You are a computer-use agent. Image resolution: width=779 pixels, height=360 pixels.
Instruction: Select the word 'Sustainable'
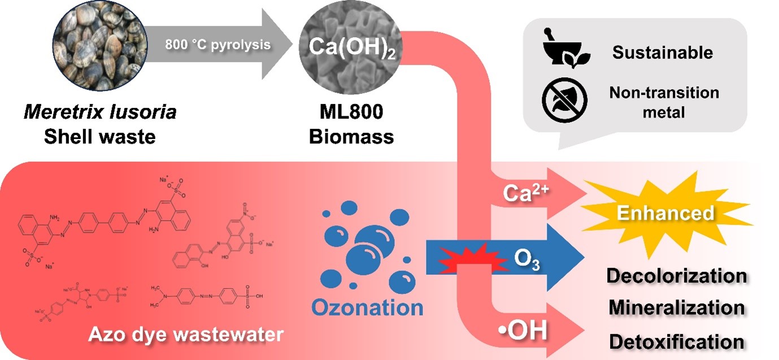[x=663, y=53]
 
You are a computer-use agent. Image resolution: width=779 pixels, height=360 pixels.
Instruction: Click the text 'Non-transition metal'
[x=664, y=102]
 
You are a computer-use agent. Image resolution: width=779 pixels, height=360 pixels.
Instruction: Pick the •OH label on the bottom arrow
[x=524, y=331]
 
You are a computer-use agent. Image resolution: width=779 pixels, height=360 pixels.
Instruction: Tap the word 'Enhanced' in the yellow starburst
[x=665, y=213]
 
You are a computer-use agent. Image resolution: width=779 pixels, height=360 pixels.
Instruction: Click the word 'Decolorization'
[x=676, y=276]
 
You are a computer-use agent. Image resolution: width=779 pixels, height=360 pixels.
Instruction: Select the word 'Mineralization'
[x=676, y=309]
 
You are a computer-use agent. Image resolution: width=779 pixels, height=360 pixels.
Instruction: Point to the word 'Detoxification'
[x=676, y=341]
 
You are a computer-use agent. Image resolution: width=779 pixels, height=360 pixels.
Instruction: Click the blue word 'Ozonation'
[x=367, y=308]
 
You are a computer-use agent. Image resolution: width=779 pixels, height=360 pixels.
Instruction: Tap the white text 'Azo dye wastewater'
[x=186, y=335]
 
